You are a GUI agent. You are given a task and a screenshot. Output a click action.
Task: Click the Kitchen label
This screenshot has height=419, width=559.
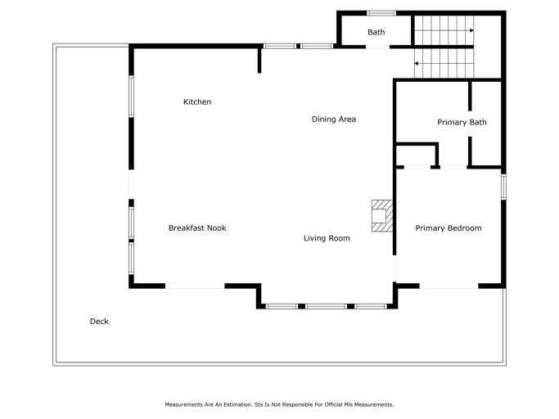197,102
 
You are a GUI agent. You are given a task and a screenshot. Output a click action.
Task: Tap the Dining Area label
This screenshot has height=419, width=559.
334,119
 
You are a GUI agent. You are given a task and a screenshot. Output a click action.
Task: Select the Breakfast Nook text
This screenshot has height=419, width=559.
197,228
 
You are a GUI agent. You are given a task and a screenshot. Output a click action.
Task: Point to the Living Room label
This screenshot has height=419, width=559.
327,238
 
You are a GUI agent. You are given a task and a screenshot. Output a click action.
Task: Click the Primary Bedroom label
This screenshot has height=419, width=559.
449,228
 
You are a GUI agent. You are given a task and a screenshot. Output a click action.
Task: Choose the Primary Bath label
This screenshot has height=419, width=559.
462,122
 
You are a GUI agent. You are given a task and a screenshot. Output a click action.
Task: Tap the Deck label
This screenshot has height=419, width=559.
99,322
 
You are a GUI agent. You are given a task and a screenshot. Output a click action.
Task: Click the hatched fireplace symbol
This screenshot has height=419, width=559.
382,216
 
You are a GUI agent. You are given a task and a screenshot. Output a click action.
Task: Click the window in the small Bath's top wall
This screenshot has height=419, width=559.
381,13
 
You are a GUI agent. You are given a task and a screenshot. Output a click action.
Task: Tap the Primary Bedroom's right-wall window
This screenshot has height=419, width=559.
503,186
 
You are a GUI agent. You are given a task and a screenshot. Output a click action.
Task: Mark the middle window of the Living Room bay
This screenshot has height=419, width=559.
327,306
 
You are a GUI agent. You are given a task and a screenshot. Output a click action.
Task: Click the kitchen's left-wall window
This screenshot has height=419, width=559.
131,97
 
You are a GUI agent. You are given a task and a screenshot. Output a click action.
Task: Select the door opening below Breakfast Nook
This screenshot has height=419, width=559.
195,286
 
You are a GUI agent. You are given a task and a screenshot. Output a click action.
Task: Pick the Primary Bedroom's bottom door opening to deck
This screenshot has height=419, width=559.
449,286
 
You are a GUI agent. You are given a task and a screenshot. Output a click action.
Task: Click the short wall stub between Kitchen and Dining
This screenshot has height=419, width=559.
259,60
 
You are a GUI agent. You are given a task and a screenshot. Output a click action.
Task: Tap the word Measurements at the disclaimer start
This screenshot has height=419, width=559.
183,405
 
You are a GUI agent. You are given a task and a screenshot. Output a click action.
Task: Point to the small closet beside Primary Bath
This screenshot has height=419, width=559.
416,155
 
